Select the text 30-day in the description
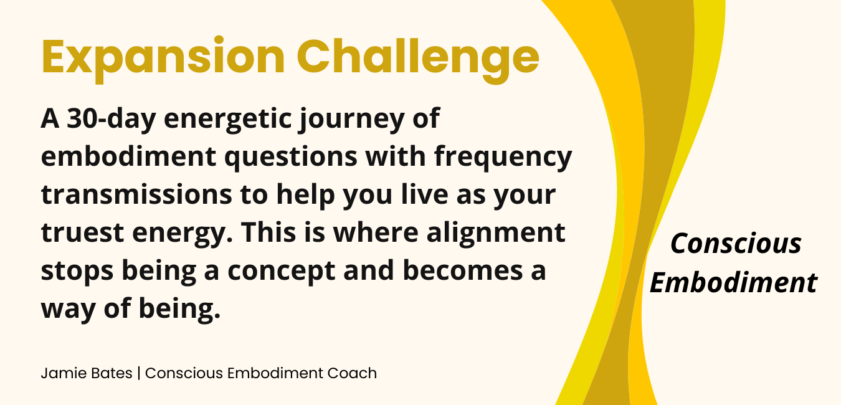coord(111,118)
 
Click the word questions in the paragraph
coord(290,157)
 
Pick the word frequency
coord(503,157)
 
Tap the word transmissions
coord(136,194)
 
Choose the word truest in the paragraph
coord(83,232)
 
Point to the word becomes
coord(462,270)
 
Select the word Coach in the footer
coord(352,373)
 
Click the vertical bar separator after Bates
coord(139,373)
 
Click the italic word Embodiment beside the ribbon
coord(734,282)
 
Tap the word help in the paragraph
coord(305,195)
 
